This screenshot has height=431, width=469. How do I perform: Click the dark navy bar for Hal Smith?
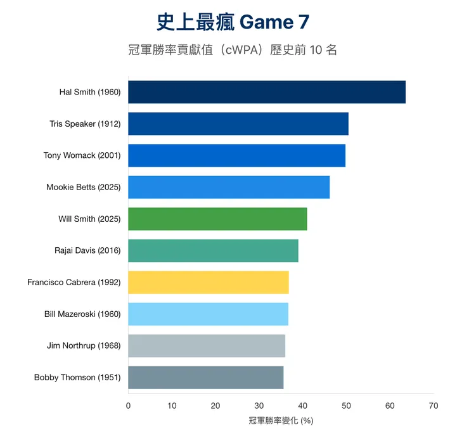[x=266, y=92]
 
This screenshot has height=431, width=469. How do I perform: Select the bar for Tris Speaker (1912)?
[x=238, y=124]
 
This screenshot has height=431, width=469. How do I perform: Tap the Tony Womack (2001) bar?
[x=236, y=155]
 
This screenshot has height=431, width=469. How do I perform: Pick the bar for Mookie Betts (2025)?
[x=228, y=187]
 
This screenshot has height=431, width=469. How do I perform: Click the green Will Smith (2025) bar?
[x=217, y=219]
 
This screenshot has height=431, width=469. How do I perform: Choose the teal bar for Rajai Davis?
[x=213, y=250]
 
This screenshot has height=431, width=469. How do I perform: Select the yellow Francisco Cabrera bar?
[x=208, y=282]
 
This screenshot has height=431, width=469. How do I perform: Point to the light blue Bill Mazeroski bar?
[x=208, y=314]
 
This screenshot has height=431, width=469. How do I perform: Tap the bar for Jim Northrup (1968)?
[x=206, y=345]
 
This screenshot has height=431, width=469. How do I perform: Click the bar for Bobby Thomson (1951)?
[x=205, y=377]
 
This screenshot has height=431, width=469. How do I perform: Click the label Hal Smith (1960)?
[x=89, y=92]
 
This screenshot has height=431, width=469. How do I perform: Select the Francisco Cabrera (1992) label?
[x=74, y=282]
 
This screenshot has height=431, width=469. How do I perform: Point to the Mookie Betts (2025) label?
[x=83, y=187]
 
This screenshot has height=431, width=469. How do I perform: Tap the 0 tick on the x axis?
[x=128, y=406]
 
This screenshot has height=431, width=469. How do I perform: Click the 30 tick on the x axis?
[x=259, y=406]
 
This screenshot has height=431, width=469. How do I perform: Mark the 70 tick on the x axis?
[x=433, y=406]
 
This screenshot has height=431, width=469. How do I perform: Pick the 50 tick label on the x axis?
[x=345, y=406]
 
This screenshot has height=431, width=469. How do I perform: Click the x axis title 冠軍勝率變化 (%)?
[x=281, y=420]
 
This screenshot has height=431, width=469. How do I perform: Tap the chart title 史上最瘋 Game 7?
[x=234, y=22]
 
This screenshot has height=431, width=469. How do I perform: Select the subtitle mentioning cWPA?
[x=234, y=50]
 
